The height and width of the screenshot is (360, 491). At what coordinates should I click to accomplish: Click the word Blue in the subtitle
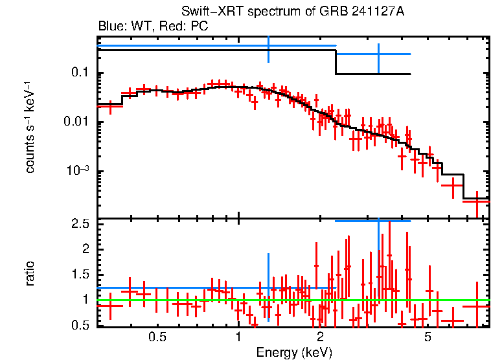pos(110,27)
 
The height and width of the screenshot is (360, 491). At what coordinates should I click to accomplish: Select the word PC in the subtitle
pos(200,27)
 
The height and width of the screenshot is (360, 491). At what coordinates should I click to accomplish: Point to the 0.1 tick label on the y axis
pos(79,73)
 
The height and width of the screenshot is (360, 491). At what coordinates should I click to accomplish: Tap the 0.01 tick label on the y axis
pos(76,122)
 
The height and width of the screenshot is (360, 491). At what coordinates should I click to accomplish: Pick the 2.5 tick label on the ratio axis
pos(80,224)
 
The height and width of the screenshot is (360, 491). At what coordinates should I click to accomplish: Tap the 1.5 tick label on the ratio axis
pos(80,275)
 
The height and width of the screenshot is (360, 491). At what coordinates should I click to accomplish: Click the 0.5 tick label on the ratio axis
pos(80,325)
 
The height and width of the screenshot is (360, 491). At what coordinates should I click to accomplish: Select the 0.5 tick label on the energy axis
pos(157,337)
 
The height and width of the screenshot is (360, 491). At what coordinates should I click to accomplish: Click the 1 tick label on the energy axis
pos(238,337)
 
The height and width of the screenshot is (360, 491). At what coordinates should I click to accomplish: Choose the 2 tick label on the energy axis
pos(320,337)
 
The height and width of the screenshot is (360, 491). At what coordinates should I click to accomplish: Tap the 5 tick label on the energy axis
pos(428,337)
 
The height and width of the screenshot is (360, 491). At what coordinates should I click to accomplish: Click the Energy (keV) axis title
pos(294,352)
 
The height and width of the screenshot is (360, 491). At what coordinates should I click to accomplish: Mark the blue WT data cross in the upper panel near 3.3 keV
pos(378,54)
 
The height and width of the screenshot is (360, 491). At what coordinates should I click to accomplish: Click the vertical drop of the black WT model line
pos(336,62)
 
